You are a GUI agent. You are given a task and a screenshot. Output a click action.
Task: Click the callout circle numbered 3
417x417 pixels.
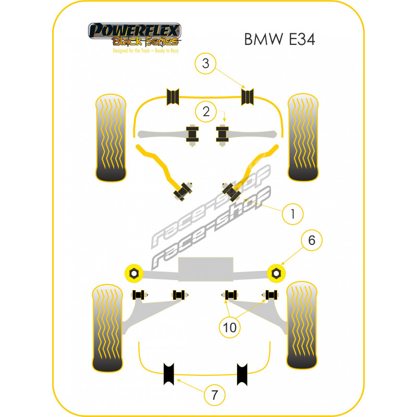click(x=206, y=64)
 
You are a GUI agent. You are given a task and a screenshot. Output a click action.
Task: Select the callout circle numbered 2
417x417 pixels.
click(x=206, y=111)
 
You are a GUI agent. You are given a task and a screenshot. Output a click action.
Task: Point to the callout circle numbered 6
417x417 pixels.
click(x=312, y=240)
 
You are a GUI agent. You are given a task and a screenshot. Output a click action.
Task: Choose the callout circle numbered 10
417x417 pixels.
click(x=230, y=327)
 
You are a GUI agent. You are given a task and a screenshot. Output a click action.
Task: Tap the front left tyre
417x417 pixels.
click(x=111, y=137)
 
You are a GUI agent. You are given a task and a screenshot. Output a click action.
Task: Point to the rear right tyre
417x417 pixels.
click(x=302, y=326)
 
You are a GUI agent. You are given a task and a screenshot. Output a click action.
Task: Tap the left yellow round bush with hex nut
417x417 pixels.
click(x=134, y=272)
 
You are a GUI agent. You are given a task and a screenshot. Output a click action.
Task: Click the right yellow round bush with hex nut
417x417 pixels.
click(x=276, y=272)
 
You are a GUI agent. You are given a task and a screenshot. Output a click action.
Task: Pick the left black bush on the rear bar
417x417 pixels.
click(x=170, y=373)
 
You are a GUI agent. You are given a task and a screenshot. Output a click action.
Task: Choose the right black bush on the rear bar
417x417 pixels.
click(x=243, y=373)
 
